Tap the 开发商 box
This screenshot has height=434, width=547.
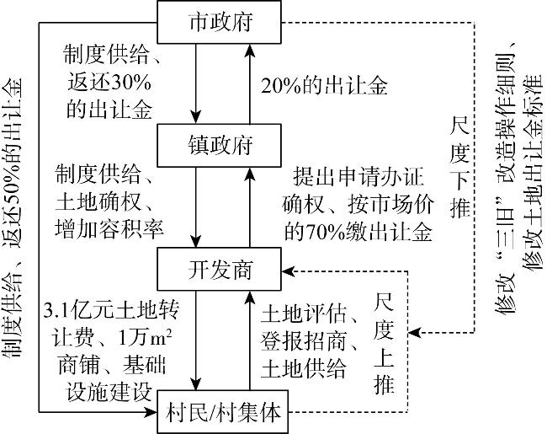[x=220, y=271]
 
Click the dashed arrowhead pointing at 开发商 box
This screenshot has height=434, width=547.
[x=292, y=271]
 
